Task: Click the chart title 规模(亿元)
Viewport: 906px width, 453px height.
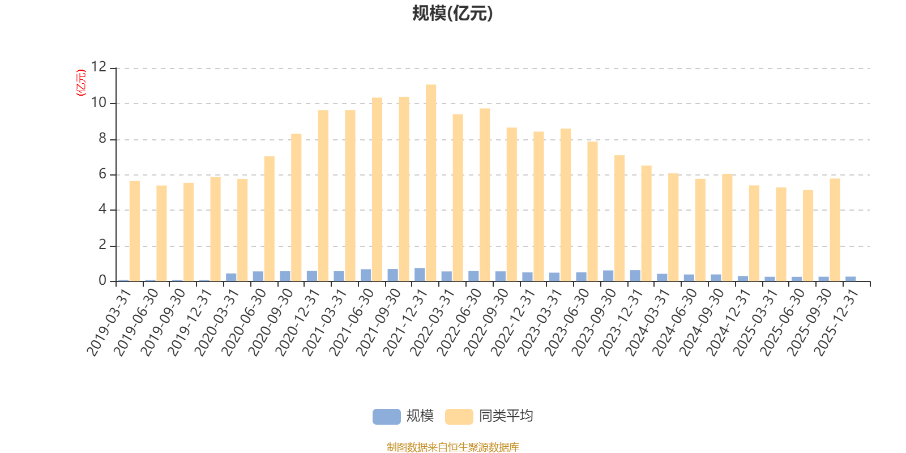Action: (452, 14)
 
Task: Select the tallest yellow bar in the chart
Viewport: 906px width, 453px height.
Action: (431, 182)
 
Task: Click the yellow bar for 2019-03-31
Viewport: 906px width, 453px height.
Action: (134, 230)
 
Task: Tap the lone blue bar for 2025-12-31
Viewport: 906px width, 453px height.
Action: (851, 279)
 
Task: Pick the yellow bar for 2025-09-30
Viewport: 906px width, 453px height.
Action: (835, 229)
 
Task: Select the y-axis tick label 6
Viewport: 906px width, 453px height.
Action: (102, 174)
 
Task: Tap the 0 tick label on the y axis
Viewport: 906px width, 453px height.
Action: (102, 280)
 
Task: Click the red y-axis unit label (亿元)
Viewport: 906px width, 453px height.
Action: (81, 83)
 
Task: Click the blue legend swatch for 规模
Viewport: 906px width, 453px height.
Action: (386, 416)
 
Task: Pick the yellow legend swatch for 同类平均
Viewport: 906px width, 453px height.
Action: (459, 416)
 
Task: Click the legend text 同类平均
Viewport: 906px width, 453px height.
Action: (506, 416)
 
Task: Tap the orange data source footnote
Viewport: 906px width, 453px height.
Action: (452, 447)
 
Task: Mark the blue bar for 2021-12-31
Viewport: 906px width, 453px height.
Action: (420, 275)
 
